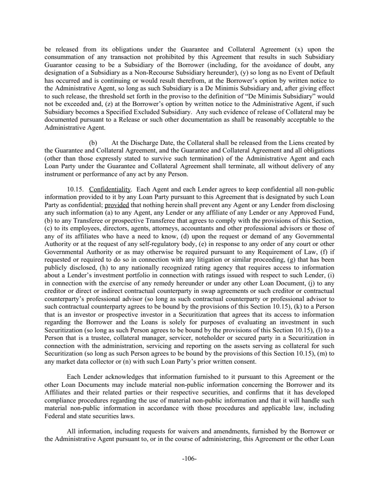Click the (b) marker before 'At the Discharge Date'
(93, 143)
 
